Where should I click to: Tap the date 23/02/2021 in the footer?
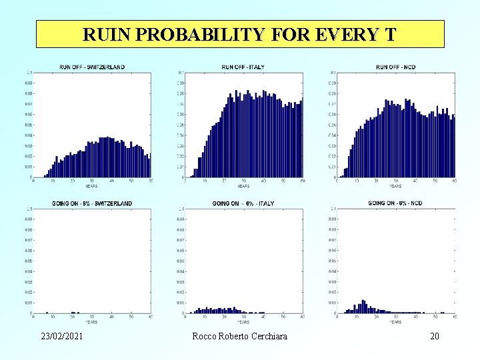coord(61,337)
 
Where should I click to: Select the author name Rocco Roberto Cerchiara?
coord(239,337)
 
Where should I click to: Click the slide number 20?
coord(435,337)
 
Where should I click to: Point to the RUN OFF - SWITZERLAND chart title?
coord(92,67)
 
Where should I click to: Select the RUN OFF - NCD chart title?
coord(395,67)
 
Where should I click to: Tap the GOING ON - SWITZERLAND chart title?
coord(92,203)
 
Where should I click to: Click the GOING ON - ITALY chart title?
coord(243,203)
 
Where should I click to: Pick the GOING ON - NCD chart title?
coord(395,203)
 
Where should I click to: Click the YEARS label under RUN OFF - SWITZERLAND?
coord(91,186)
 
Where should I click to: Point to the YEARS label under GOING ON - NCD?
coord(395,322)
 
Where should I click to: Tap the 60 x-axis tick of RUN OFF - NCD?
coord(454,181)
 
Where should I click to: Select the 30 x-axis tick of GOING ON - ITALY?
coord(244,317)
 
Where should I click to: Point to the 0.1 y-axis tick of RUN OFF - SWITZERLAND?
coord(28,73)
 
